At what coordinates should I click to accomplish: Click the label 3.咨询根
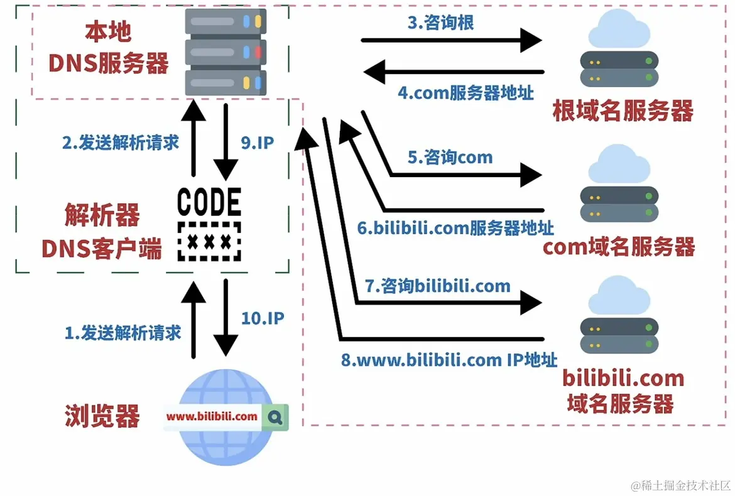pyautogui.click(x=440, y=24)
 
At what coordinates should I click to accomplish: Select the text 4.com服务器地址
pyautogui.click(x=465, y=93)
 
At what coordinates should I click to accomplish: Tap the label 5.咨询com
pyautogui.click(x=450, y=156)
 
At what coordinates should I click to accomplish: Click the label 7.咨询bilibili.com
pyautogui.click(x=438, y=287)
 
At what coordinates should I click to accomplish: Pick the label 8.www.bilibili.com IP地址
pyautogui.click(x=449, y=360)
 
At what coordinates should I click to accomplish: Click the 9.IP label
pyautogui.click(x=257, y=143)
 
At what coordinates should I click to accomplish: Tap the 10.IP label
pyautogui.click(x=263, y=318)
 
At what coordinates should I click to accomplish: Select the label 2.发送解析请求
pyautogui.click(x=120, y=143)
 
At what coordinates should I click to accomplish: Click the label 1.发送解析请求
pyautogui.click(x=122, y=332)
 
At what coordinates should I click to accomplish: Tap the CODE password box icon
pyautogui.click(x=209, y=224)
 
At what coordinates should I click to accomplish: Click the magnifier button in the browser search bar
pyautogui.click(x=276, y=416)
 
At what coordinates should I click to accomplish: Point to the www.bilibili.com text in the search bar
pyautogui.click(x=212, y=416)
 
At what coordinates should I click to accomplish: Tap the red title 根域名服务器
pyautogui.click(x=623, y=112)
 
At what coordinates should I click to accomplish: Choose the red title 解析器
pyautogui.click(x=102, y=217)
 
